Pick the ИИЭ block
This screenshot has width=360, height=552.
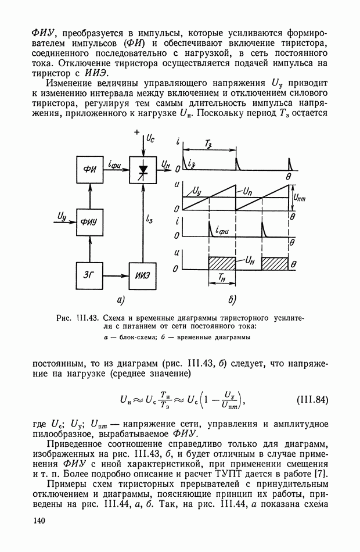point(143,274)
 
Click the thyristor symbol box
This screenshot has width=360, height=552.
point(143,170)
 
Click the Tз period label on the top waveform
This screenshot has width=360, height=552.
point(208,144)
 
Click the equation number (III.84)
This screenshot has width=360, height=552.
point(312,399)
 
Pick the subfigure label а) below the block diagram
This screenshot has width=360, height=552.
point(120,300)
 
